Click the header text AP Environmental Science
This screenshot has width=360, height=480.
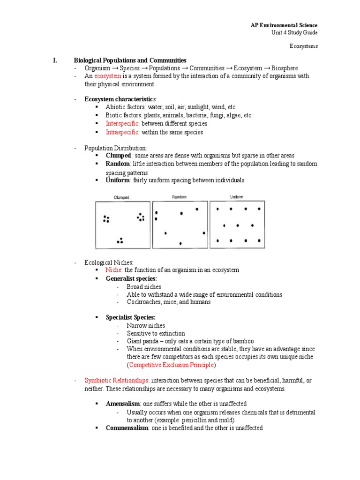tap(284, 25)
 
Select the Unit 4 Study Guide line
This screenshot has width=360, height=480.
tap(294, 32)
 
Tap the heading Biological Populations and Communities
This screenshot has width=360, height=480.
tap(130, 60)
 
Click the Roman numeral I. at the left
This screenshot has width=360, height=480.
tap(54, 60)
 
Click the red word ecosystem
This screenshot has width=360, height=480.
tap(108, 76)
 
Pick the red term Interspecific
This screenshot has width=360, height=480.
tap(123, 124)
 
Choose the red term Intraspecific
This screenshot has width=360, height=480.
tap(123, 132)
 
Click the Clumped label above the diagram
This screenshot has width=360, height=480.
tap(121, 197)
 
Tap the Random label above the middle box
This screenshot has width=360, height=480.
tap(179, 197)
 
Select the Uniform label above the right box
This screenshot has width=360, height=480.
tap(237, 197)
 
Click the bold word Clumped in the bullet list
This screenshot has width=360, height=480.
tap(119, 156)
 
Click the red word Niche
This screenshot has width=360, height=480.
tap(114, 270)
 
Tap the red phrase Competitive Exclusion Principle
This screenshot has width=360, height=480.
tap(171, 364)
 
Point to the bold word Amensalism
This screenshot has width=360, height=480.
tap(123, 404)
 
